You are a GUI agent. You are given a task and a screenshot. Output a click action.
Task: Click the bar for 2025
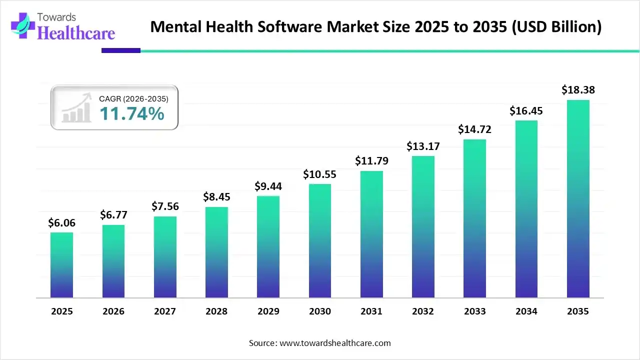[x=61, y=265]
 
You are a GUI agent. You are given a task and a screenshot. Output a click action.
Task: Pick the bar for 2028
[x=216, y=252]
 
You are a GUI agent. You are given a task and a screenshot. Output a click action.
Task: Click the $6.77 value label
[x=113, y=215]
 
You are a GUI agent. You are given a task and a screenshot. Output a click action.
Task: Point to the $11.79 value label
[x=371, y=161]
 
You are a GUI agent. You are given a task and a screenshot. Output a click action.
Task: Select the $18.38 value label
[x=578, y=90]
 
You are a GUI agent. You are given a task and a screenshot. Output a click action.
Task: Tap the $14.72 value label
[x=474, y=129]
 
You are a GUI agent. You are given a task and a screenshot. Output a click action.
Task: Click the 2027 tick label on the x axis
[x=165, y=311]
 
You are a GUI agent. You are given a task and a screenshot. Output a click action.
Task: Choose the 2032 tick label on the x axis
[x=423, y=311]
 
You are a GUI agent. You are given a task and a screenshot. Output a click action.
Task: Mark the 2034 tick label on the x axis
[x=526, y=311]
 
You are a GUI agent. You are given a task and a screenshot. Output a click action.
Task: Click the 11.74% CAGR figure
[x=131, y=114]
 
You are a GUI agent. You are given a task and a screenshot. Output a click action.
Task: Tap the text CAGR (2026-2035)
[x=133, y=99]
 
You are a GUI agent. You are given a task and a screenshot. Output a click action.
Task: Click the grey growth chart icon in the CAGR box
[x=76, y=108]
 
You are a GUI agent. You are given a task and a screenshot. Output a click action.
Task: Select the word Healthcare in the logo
[x=76, y=33]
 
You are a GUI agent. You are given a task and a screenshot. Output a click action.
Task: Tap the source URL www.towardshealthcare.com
[x=334, y=343]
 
